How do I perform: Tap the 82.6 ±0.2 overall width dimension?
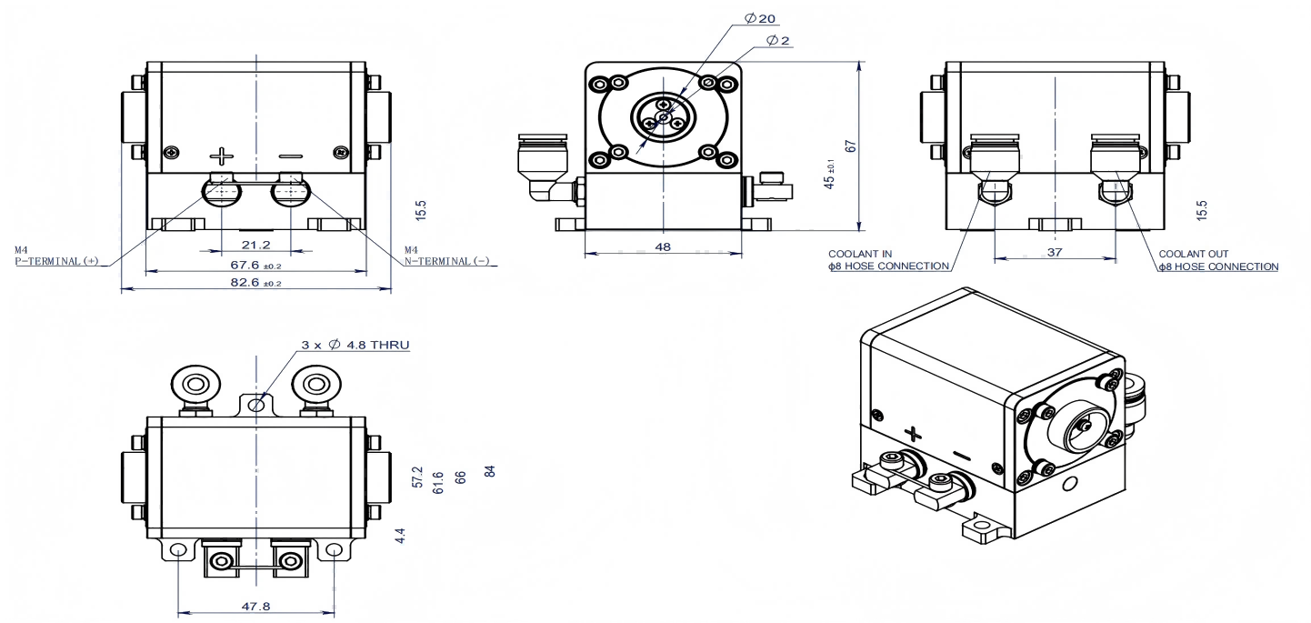tap(256, 285)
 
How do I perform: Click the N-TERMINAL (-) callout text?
tap(446, 261)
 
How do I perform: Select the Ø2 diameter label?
tap(778, 40)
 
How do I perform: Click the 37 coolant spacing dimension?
tap(1054, 252)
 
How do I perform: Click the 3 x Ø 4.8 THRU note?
tap(355, 346)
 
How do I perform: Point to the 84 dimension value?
tap(489, 472)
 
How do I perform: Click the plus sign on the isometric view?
tap(915, 432)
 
